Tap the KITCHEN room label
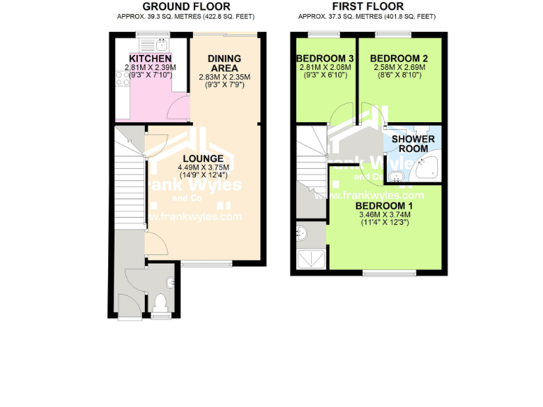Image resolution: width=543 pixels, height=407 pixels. [150, 58]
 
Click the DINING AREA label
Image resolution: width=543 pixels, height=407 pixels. [224, 63]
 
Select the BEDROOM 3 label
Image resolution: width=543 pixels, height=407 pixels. [323, 58]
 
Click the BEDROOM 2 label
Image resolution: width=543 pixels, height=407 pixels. [399, 58]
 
